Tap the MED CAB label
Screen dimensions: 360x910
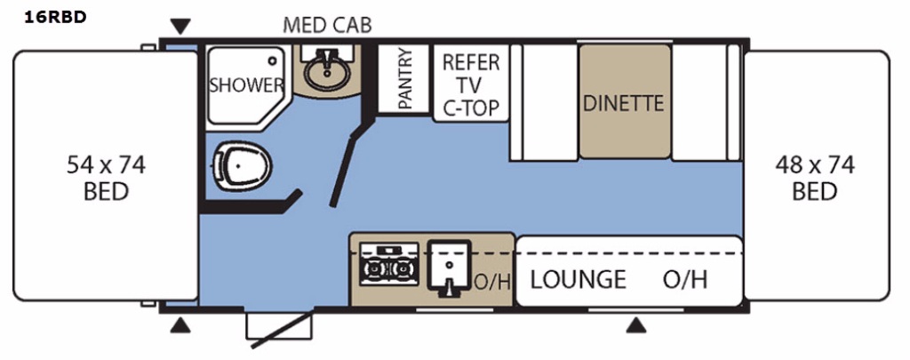tap(327, 25)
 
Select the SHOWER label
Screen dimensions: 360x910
tap(246, 85)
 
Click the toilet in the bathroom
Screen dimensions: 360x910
tap(241, 165)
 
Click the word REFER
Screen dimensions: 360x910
tap(471, 62)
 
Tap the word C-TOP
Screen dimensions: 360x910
tap(471, 108)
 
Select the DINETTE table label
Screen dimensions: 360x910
tap(623, 102)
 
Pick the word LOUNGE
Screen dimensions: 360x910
tap(578, 279)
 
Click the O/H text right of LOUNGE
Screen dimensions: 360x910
tap(685, 279)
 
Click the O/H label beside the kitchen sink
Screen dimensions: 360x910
tap(492, 283)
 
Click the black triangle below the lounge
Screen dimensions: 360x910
tap(635, 325)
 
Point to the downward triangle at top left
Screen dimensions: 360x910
tap(180, 25)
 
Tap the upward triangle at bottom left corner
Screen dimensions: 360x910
tap(180, 325)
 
